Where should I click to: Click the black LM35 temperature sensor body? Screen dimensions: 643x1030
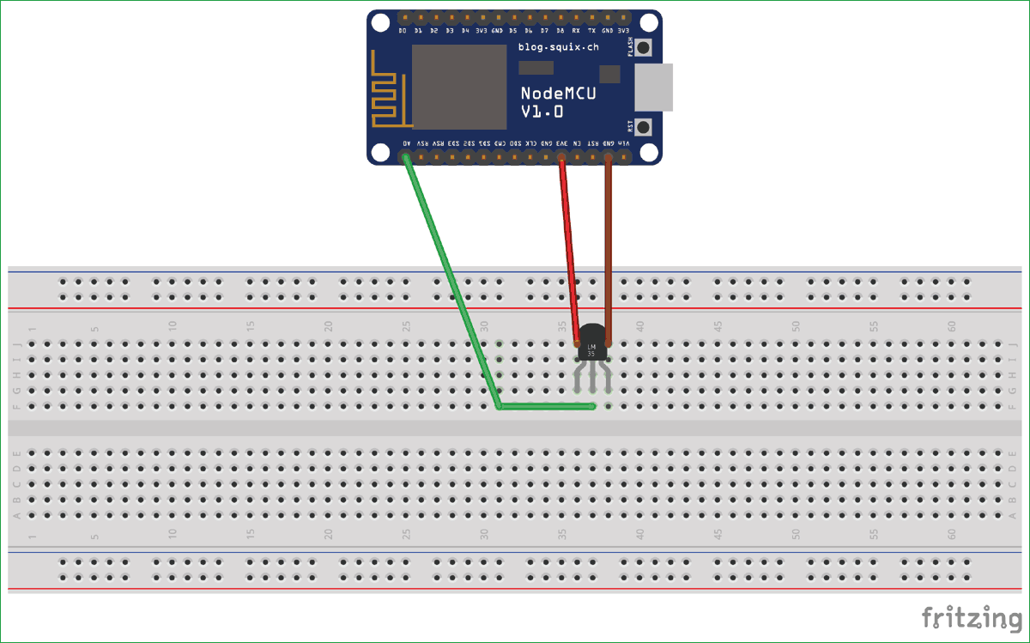(x=592, y=342)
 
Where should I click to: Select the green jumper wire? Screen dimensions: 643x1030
(x=451, y=283)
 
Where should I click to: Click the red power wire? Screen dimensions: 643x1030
(x=569, y=249)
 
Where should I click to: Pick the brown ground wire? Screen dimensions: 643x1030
(x=609, y=249)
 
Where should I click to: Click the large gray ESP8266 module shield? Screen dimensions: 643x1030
(x=459, y=87)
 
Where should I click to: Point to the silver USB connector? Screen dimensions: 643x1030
(x=654, y=87)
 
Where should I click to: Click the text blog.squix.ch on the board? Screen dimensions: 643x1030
(x=557, y=47)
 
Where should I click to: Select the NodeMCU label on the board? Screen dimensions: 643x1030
(x=559, y=93)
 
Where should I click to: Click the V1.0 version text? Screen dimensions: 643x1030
(x=542, y=112)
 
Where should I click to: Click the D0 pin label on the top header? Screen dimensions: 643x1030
(x=403, y=31)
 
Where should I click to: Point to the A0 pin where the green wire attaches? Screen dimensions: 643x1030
(x=404, y=157)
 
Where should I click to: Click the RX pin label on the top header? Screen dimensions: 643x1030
(x=576, y=31)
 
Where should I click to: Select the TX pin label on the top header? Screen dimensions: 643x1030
(x=591, y=31)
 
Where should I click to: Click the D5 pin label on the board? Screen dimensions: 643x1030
(x=512, y=31)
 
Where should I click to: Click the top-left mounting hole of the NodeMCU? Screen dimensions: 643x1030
(x=379, y=22)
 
